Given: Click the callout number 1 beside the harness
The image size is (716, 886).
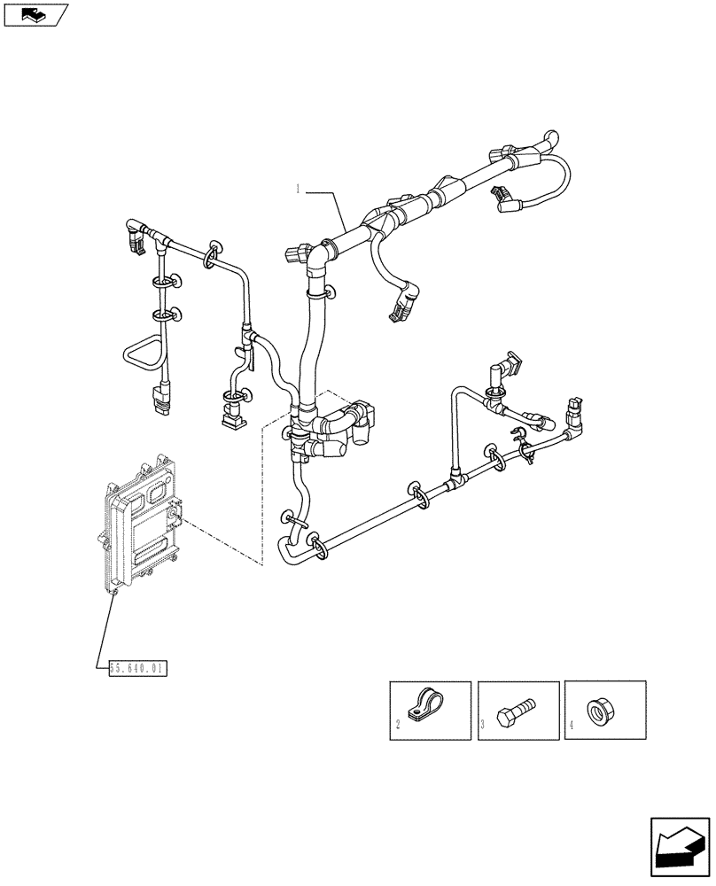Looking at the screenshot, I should point(299,188).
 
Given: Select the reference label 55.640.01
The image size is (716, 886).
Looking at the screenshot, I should point(137,668).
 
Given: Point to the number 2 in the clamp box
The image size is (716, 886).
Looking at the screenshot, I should point(397,725).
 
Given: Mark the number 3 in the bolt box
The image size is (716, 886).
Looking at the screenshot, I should point(483,725).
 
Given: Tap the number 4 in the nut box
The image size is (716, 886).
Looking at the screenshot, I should point(571,725).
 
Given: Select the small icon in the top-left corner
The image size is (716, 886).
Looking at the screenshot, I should point(35,14).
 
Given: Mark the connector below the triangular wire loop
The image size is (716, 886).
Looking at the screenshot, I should point(159,400).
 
